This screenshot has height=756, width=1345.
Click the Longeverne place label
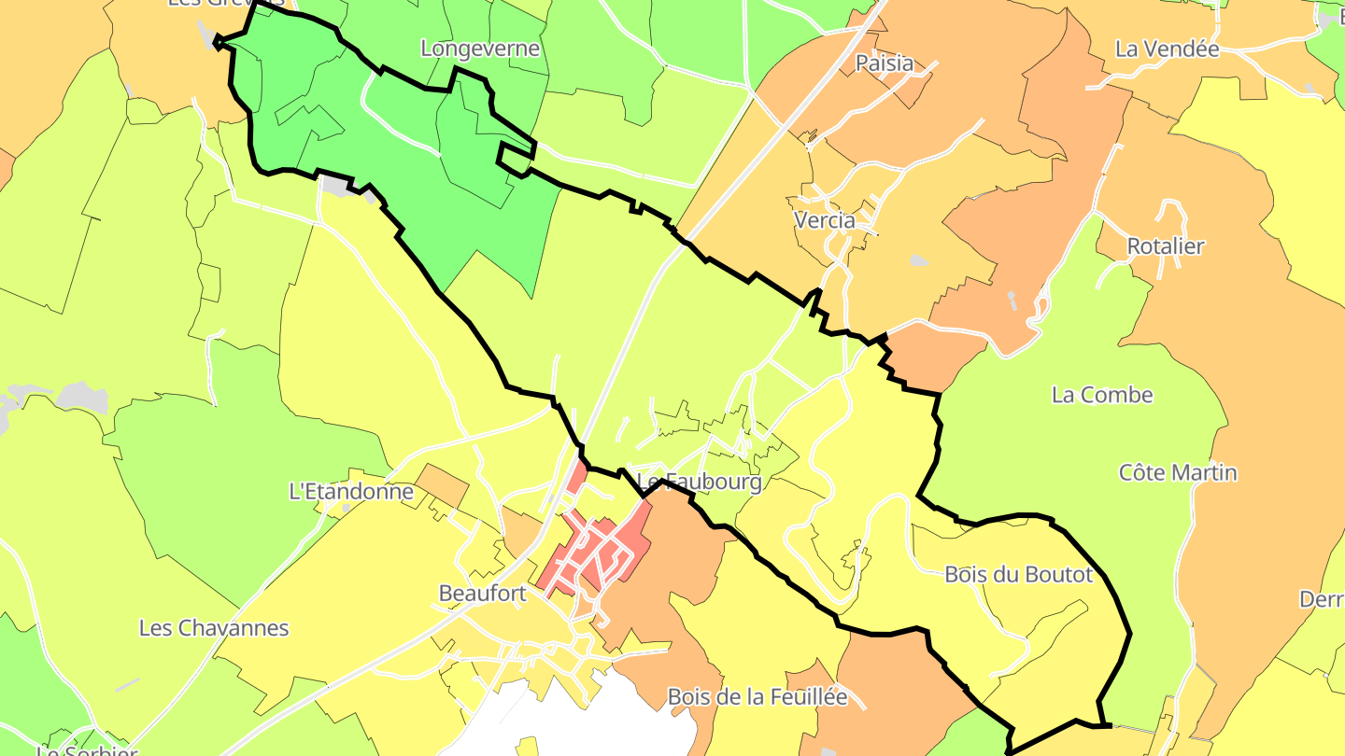coord(480,49)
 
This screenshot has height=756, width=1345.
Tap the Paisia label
coord(885,63)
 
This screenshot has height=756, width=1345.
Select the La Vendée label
coord(1167,49)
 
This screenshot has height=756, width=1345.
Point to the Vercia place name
coord(824,220)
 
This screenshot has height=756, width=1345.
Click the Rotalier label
coord(1165,246)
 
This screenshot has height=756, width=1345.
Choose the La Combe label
coord(1102,395)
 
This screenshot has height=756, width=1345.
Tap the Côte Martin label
coord(1178,472)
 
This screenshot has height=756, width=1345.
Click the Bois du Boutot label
coord(1018,574)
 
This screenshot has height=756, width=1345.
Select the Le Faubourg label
coord(699,482)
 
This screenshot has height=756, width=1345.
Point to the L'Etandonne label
coord(351,491)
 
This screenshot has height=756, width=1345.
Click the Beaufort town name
coord(483,593)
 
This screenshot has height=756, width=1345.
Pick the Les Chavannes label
coord(214,627)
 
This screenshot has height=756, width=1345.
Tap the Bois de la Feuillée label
coord(757,696)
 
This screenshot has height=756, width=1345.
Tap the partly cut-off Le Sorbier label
coord(87,749)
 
